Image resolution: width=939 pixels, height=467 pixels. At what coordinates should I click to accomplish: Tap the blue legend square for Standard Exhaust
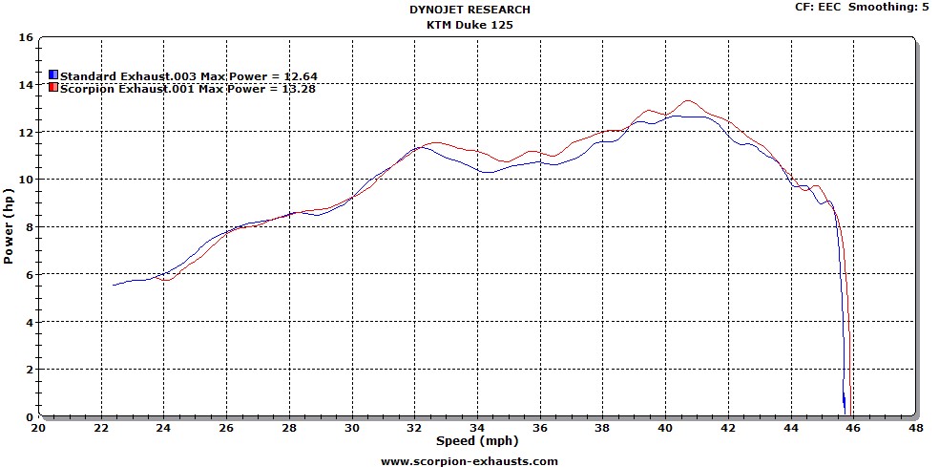53,75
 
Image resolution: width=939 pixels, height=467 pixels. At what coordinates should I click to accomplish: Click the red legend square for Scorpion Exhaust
53,89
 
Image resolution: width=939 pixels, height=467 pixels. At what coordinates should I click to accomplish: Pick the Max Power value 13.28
299,89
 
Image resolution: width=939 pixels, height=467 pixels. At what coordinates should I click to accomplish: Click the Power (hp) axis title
9,226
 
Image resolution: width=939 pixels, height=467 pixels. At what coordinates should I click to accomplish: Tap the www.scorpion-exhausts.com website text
469,460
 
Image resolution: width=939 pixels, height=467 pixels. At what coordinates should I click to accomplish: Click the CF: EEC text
818,7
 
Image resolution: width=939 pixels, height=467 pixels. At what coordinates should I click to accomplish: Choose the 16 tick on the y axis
26,38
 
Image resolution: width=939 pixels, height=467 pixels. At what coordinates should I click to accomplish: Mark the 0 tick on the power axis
30,416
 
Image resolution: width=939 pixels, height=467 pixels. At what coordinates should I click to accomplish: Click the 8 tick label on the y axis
30,227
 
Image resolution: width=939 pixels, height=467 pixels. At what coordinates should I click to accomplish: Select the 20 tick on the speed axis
39,429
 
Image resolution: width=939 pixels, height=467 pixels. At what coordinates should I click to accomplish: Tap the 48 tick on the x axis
916,429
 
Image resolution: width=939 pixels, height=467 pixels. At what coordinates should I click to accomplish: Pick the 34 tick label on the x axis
478,429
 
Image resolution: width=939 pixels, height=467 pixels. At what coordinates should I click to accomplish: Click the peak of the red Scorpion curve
687,100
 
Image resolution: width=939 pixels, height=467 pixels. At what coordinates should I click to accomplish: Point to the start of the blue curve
114,285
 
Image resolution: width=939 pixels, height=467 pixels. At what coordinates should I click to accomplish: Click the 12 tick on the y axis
26,133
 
